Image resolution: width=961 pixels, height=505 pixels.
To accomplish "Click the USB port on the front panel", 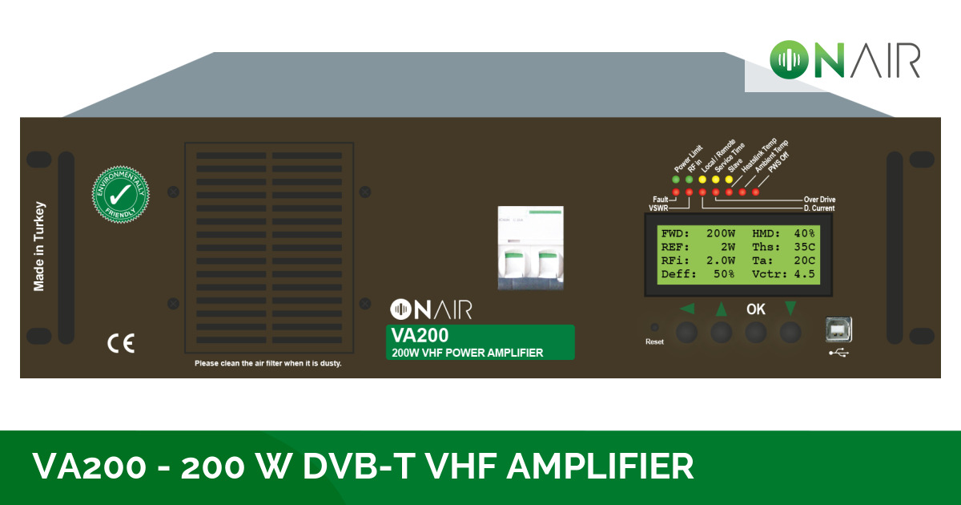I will pos(838,329).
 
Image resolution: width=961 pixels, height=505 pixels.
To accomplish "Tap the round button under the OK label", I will pos(755,332).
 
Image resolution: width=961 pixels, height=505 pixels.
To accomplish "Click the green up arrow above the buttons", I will pos(721,309).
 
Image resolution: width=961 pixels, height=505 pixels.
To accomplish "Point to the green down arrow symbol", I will pos(790,308).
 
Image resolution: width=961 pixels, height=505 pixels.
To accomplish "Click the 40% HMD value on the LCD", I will pos(804,233).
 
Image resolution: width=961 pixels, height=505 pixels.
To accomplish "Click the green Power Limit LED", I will pos(676,180).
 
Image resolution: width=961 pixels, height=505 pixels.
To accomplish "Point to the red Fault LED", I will pos(676,192).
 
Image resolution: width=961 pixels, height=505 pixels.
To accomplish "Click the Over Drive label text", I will pos(819,200).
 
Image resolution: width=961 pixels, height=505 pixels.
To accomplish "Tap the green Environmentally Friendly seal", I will pos(121,195).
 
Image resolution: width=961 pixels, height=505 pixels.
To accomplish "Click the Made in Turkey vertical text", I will pos(39,246).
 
